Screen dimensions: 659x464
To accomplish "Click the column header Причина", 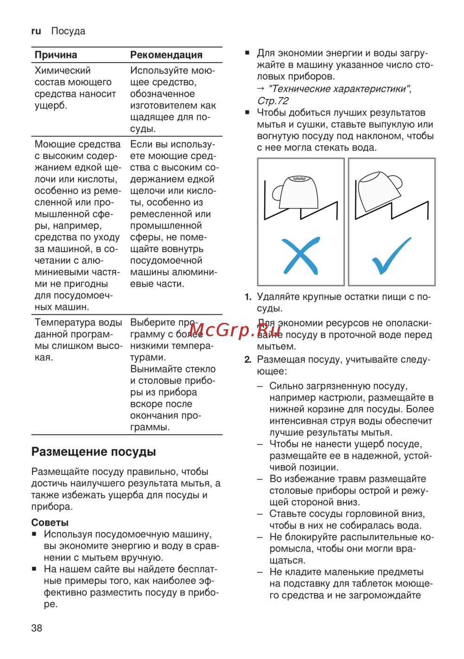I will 56,55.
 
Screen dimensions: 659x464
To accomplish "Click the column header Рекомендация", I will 166,55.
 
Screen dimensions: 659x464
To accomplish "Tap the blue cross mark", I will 301,256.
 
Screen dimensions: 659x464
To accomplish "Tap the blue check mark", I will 392,256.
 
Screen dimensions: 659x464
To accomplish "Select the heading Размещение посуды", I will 94,452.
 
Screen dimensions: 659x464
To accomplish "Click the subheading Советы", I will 50,522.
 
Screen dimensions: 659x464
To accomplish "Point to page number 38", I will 37,628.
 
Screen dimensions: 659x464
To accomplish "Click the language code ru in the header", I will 36,31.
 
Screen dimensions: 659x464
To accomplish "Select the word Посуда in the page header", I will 68,31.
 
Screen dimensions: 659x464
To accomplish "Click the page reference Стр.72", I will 273,101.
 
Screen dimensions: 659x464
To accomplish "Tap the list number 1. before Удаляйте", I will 248,297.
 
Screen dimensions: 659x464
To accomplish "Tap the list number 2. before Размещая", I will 248,359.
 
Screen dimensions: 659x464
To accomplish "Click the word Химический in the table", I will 63,71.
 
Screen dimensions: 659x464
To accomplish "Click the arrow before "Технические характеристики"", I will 261,89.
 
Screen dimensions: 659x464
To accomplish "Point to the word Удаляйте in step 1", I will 279,297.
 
